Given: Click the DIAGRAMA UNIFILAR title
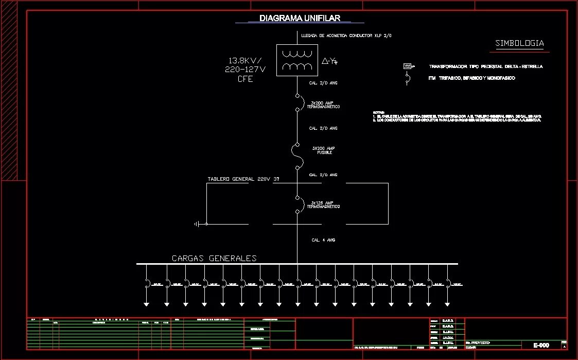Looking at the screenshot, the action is (x=300, y=19).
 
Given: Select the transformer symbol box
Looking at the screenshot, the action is (x=297, y=60).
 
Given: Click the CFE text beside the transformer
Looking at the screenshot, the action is (x=245, y=79).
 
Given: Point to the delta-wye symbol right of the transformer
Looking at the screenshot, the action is (x=329, y=61).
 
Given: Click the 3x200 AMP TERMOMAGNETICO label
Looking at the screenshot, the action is (x=323, y=105).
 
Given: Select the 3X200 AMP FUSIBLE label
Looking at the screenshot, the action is (x=324, y=150).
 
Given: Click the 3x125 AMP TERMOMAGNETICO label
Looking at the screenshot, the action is (x=323, y=204).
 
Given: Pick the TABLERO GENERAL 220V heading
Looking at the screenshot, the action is (x=243, y=179).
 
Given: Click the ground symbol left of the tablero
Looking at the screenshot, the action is (x=197, y=224).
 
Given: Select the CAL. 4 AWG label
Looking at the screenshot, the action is (x=323, y=240).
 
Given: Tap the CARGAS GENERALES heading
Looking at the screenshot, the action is (x=214, y=259).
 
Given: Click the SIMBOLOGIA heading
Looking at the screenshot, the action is (x=519, y=44).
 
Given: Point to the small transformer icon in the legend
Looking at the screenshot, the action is (x=408, y=66).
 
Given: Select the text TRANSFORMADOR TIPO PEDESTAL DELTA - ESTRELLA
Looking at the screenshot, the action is (x=485, y=67).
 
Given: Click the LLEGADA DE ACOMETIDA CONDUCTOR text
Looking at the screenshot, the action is (x=346, y=36).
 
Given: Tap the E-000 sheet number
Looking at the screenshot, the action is (x=541, y=345).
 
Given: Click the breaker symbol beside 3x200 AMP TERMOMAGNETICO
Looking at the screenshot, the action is (x=297, y=102).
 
